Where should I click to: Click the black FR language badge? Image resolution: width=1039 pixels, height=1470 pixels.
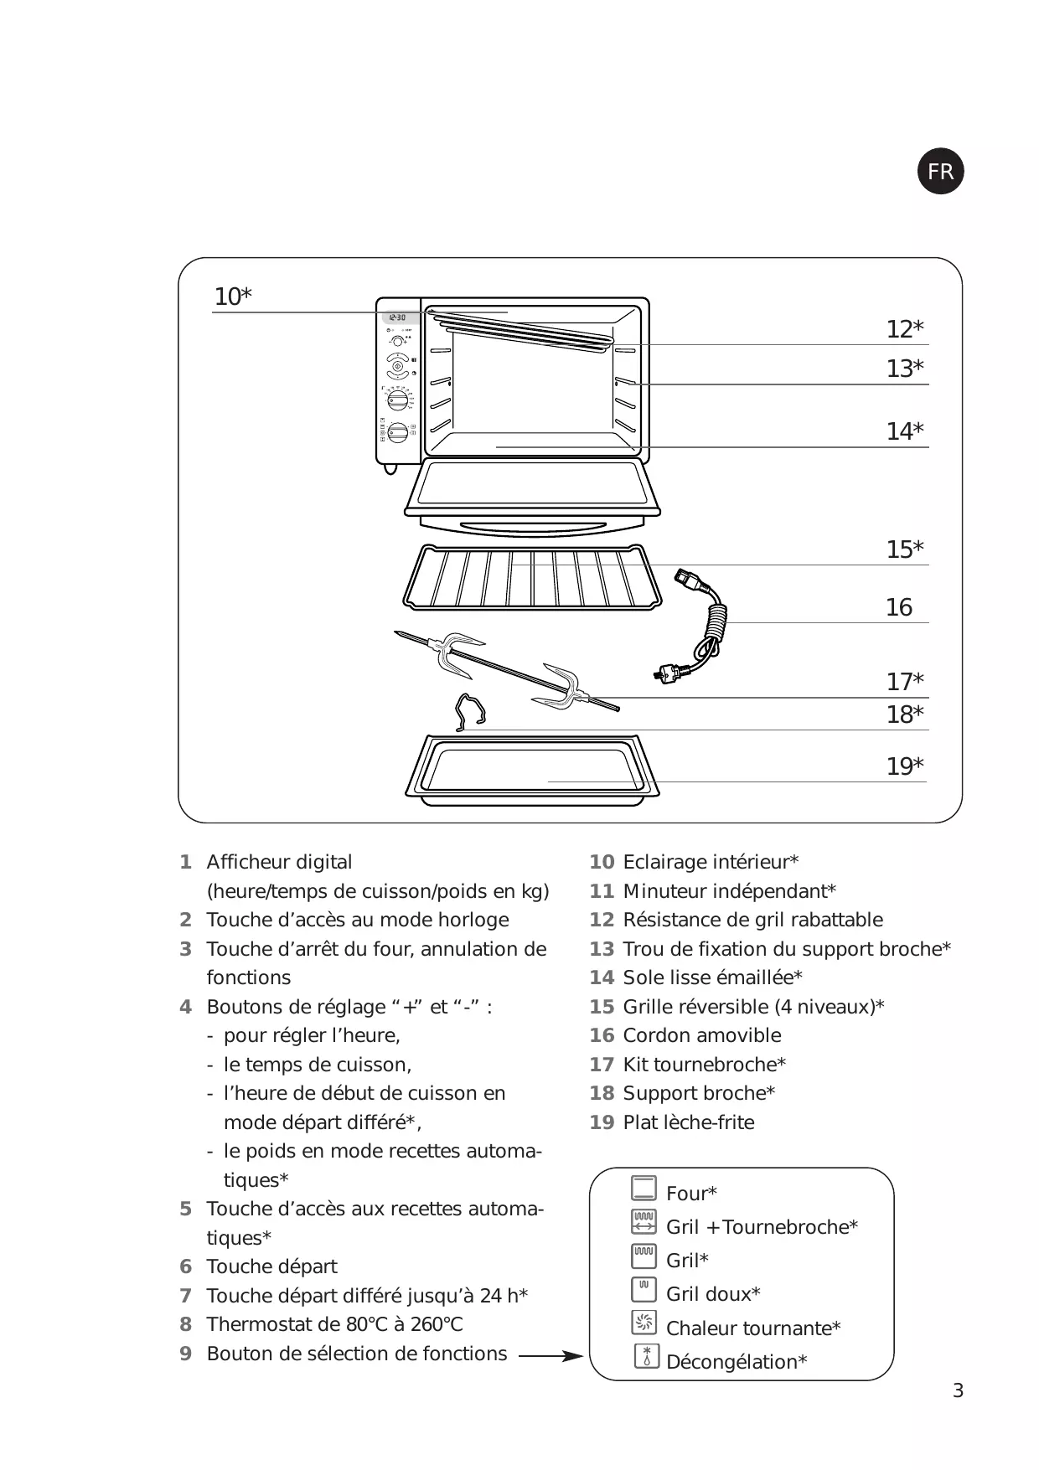(x=940, y=172)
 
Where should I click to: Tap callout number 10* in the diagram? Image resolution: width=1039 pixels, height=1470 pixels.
(x=232, y=297)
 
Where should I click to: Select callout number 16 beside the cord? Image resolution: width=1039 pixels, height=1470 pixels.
(x=898, y=607)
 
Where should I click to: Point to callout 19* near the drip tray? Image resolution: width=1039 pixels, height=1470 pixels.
(x=905, y=766)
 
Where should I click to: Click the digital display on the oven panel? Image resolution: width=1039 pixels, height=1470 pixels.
(x=398, y=318)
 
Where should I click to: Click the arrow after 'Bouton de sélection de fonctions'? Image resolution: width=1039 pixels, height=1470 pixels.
(x=551, y=1354)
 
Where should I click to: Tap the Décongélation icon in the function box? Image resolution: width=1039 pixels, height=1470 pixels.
(x=646, y=1356)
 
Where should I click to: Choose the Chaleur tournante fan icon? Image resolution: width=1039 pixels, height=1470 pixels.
(x=644, y=1323)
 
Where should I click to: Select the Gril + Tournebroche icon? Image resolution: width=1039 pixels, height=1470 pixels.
(x=644, y=1222)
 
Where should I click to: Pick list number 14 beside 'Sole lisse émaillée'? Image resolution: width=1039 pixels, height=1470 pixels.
(x=602, y=977)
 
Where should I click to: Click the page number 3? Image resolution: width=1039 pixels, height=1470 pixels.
(x=958, y=1391)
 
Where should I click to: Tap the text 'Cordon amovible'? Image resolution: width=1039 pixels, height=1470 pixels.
(x=702, y=1035)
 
